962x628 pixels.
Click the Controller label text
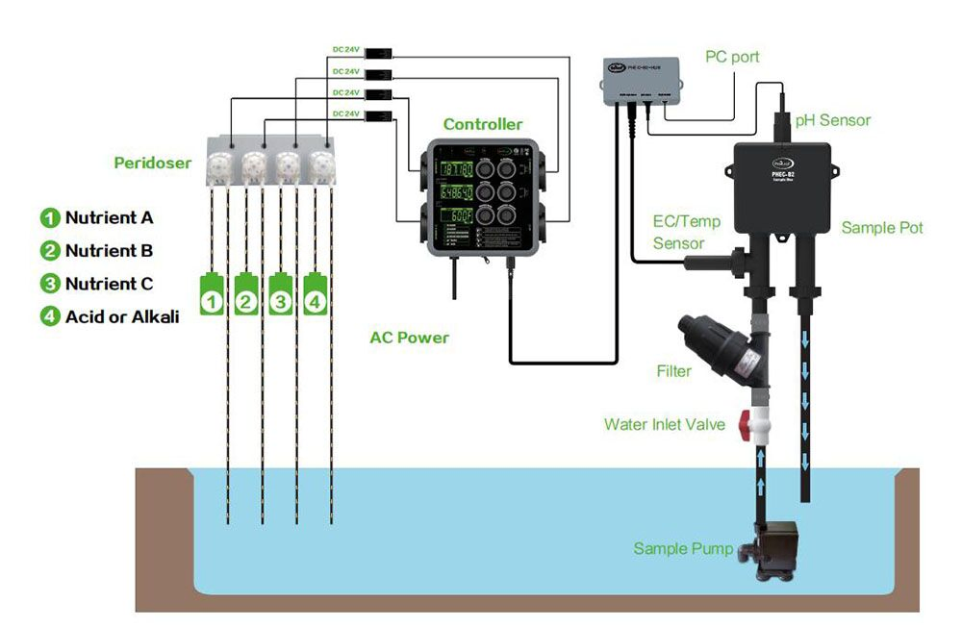(483, 124)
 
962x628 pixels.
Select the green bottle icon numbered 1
(212, 294)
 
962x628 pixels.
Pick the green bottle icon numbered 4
(316, 294)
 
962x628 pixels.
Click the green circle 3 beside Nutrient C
(49, 284)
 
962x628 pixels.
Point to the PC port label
(732, 57)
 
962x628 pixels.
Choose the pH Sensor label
(832, 120)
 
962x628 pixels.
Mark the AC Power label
(409, 338)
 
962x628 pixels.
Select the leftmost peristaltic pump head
(222, 166)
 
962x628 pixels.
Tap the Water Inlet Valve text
(665, 424)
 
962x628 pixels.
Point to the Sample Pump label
(682, 549)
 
